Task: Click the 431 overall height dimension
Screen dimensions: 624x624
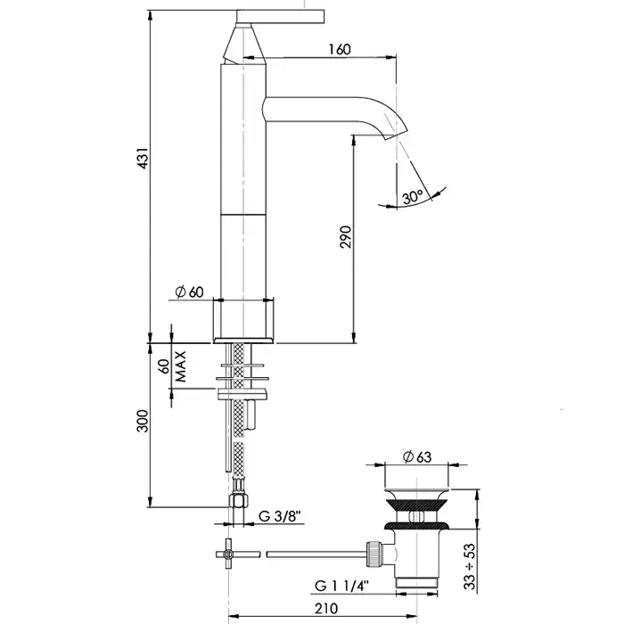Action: tap(143, 158)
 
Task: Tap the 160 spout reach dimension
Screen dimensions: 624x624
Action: tap(340, 49)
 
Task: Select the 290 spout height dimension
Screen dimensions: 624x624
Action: tap(346, 237)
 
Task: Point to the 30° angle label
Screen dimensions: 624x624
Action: tap(412, 197)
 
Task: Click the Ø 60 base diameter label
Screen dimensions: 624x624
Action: tap(189, 292)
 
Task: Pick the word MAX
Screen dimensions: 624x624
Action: tap(181, 366)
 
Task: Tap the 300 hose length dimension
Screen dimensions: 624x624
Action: tap(143, 421)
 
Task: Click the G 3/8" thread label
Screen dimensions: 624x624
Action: tap(280, 516)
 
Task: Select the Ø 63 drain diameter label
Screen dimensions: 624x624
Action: tap(417, 456)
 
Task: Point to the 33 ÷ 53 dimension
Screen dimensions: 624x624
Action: tap(470, 566)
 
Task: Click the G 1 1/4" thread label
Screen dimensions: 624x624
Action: tap(342, 586)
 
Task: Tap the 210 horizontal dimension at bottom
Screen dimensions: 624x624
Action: tap(326, 609)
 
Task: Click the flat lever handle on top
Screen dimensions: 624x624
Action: tap(280, 16)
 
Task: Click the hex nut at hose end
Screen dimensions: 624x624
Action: tap(238, 500)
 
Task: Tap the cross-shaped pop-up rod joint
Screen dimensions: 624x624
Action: tap(228, 554)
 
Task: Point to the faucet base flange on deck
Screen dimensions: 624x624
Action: tap(243, 341)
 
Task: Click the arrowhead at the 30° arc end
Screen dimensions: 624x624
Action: tap(438, 193)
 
